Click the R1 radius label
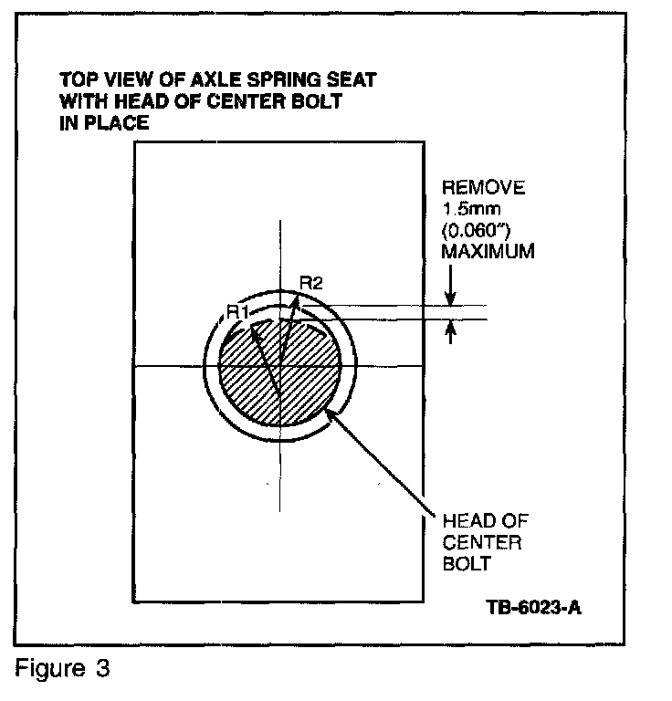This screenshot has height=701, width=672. (x=238, y=313)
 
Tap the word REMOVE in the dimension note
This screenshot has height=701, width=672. (x=483, y=189)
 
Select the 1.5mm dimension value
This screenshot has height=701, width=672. (x=467, y=209)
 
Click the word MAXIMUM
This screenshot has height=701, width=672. (x=488, y=250)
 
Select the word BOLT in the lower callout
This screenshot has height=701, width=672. (x=467, y=563)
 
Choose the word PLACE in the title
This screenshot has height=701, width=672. (x=115, y=123)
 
